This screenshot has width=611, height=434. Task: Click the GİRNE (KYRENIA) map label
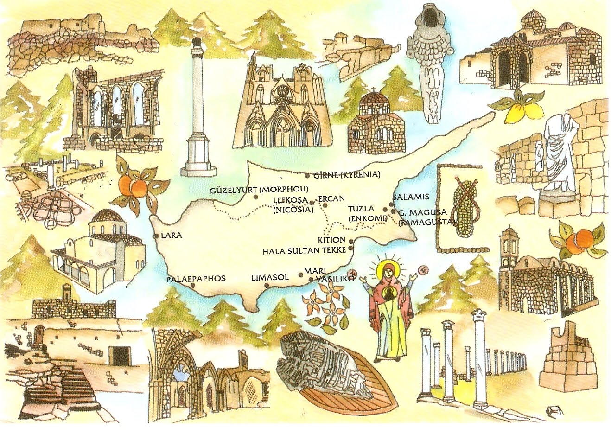coord(347,175)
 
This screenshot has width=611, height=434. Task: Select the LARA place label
coord(171,236)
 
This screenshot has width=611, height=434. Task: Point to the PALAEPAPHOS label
coord(196,279)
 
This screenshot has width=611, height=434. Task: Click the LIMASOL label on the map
coord(270,277)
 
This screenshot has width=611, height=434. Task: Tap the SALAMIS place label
coord(411,197)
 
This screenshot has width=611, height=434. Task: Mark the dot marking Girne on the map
coord(307,175)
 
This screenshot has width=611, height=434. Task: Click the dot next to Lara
coord(155,236)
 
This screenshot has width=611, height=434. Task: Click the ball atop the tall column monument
coord(197,44)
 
